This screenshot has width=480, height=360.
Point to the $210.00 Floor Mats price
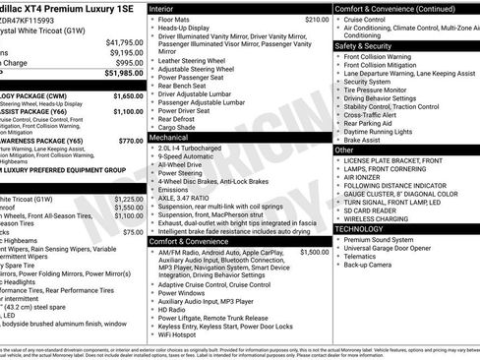pyautogui.click(x=317, y=19)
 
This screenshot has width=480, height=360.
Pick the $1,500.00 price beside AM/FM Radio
pyautogui.click(x=315, y=252)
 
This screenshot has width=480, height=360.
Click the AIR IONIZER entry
pyautogui.click(x=363, y=177)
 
